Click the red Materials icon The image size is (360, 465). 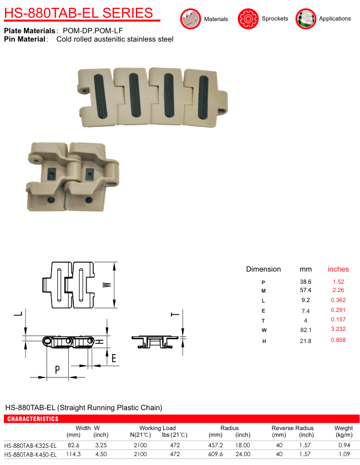(x=190, y=19)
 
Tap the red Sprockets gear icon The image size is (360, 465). (x=248, y=19)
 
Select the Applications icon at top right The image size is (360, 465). (x=306, y=19)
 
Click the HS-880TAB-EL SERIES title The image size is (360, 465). (x=79, y=13)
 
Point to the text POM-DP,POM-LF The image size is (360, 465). (x=93, y=31)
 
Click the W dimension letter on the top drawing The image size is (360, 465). (x=107, y=285)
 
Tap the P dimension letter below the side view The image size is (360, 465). (x=57, y=370)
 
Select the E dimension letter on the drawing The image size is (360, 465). (x=114, y=358)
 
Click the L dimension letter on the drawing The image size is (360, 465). (x=18, y=314)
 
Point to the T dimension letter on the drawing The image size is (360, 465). (x=175, y=314)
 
